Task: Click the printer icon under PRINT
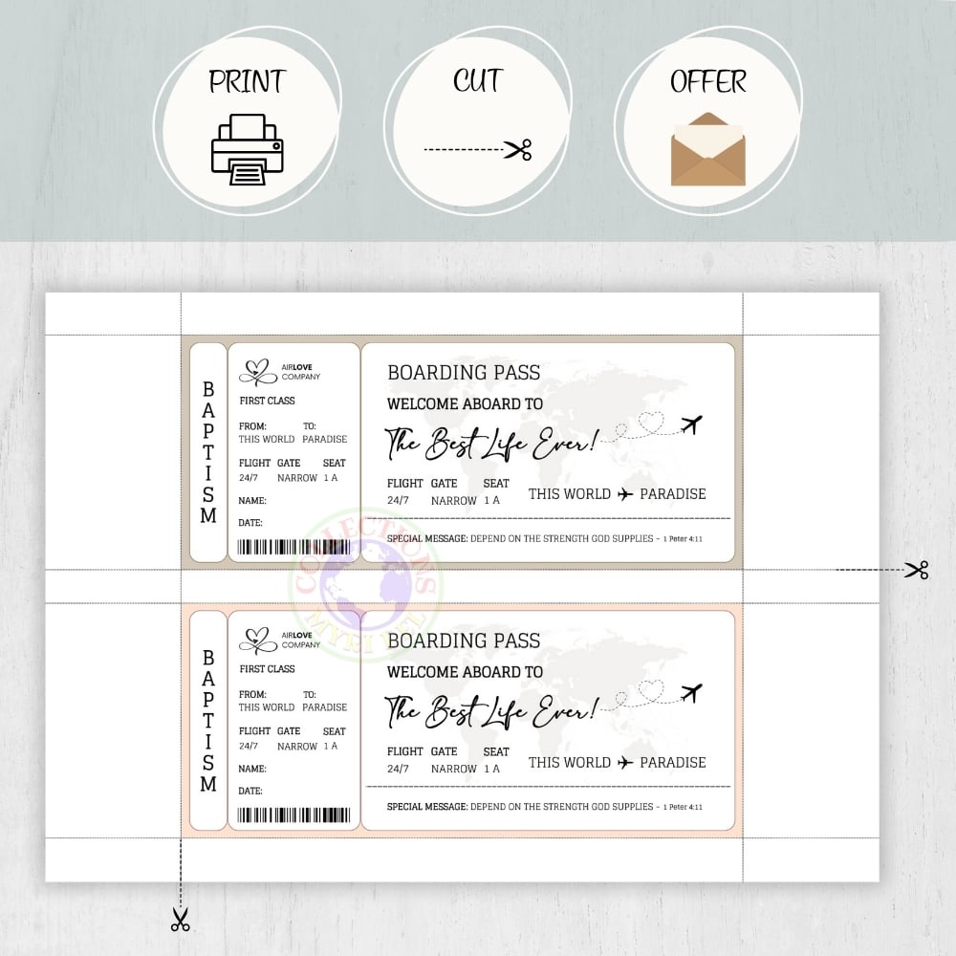[247, 149]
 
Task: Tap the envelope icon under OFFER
[707, 149]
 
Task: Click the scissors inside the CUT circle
[518, 149]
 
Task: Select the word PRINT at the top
[248, 82]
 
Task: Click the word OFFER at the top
[707, 82]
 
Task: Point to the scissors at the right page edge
[917, 570]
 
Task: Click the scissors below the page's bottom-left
[180, 920]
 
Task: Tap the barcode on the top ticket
[293, 547]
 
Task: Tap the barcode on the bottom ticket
[293, 815]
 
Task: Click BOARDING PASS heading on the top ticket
[464, 373]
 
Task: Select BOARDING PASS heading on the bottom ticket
[464, 641]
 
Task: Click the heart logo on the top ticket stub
[257, 371]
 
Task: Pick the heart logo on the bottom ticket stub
[257, 640]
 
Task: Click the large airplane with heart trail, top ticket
[691, 423]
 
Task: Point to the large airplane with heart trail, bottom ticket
[691, 690]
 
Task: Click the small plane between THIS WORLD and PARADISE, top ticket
[625, 494]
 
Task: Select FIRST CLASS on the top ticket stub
[267, 401]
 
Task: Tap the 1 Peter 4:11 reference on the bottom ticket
[683, 807]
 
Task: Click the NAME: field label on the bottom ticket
[252, 769]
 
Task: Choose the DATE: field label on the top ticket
[250, 523]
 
